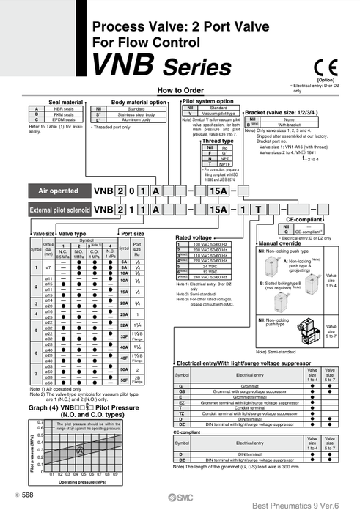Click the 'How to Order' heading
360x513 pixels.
click(180, 90)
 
